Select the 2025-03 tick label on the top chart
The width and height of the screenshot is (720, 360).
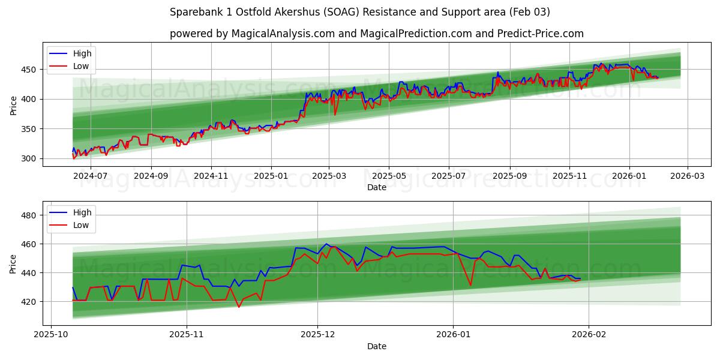(329, 176)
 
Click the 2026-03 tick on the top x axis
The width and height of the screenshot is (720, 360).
(687, 176)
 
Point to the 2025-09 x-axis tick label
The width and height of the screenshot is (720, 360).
(510, 176)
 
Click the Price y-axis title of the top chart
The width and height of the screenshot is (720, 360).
(13, 105)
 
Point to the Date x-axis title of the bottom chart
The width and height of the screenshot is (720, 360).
(376, 346)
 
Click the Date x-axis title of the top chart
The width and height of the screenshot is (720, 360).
(376, 187)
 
